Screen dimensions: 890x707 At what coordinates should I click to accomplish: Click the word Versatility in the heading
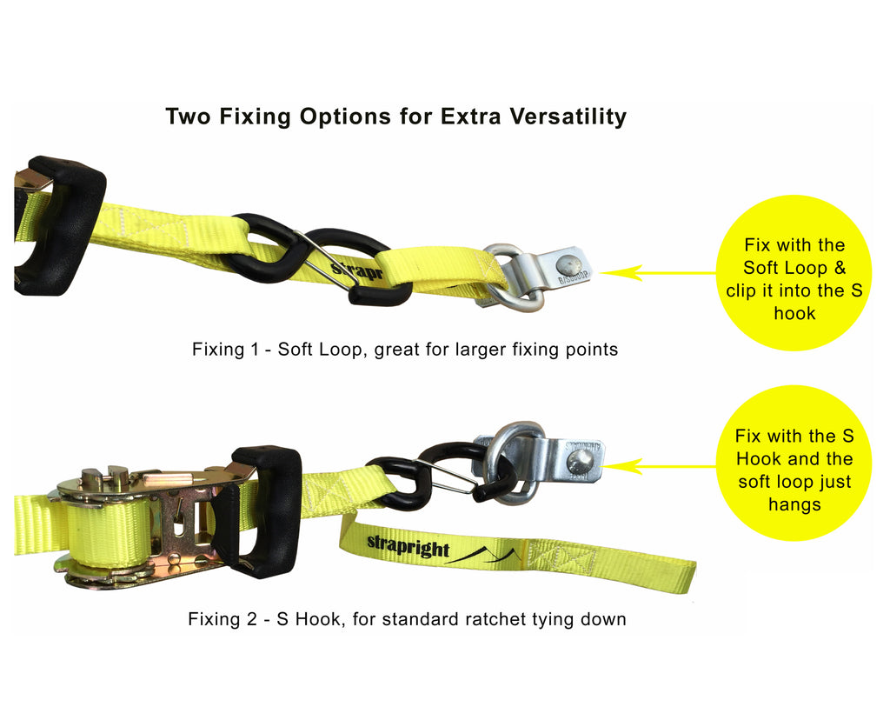[x=568, y=117]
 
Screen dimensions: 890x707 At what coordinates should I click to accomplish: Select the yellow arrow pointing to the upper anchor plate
[x=657, y=273]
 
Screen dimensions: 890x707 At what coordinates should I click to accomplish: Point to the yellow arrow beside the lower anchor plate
[x=660, y=467]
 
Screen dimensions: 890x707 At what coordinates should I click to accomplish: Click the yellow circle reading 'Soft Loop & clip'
[x=794, y=272]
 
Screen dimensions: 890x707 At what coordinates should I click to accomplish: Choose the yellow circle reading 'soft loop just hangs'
[x=794, y=463]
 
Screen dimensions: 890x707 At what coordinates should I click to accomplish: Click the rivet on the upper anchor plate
[x=568, y=263]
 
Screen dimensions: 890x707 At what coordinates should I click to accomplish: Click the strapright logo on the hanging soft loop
[x=408, y=546]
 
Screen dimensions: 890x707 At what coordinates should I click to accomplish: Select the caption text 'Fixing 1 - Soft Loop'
[x=281, y=350]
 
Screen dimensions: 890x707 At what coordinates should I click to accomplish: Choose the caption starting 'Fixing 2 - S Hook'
[x=407, y=619]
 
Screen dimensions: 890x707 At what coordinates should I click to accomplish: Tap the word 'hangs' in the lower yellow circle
[x=794, y=504]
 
